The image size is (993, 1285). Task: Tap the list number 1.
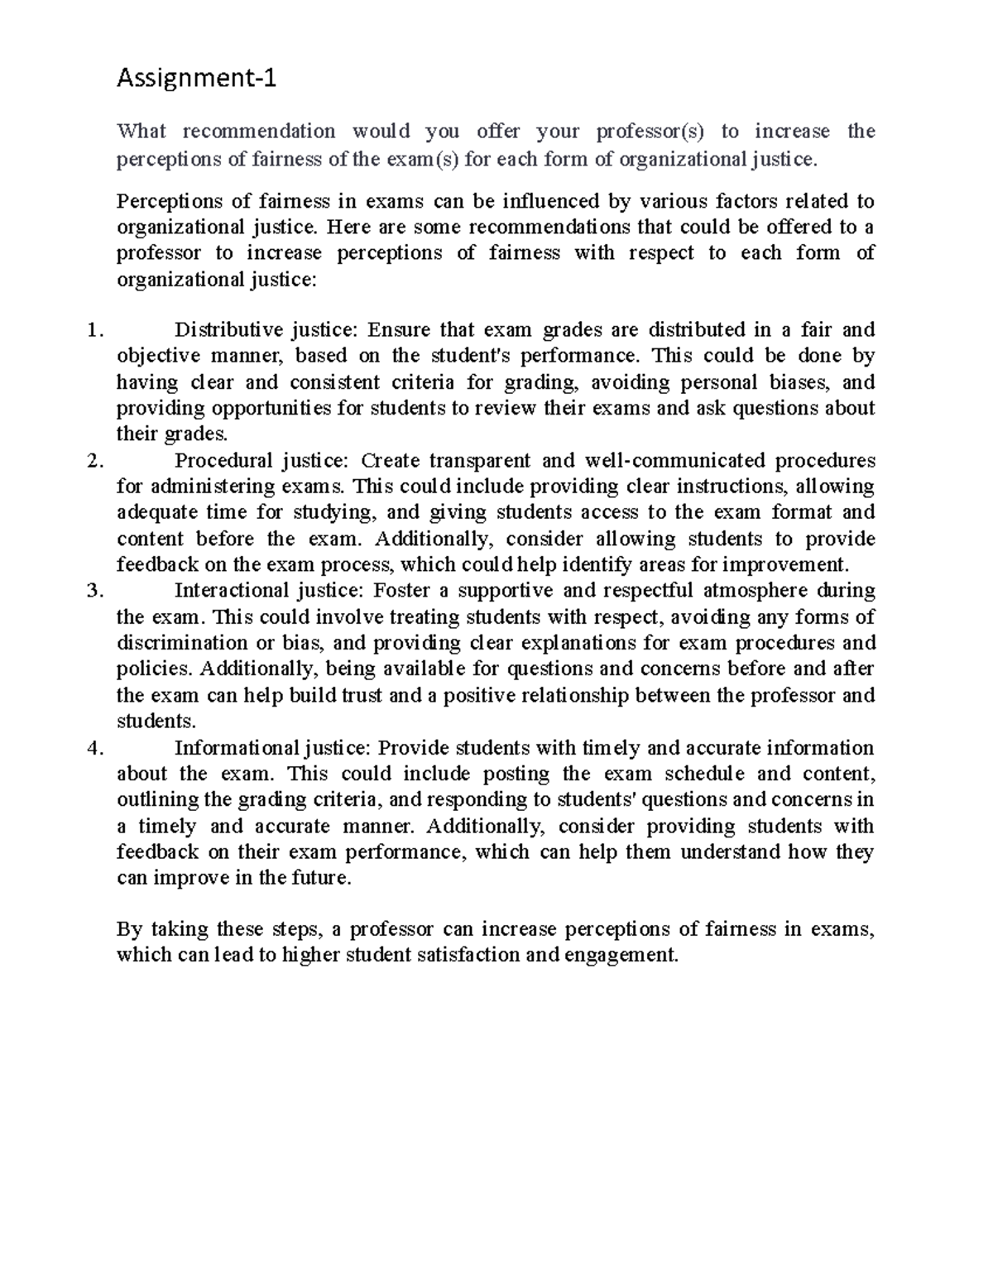pos(94,330)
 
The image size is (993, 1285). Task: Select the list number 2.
pos(94,460)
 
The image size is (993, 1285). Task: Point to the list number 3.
pos(94,591)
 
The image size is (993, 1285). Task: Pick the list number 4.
pos(94,748)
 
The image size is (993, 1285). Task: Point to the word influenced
pos(552,201)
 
